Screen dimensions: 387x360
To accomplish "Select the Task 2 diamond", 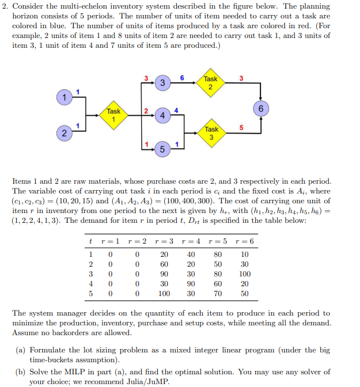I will click(210, 83).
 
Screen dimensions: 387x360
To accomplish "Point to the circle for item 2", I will click(65, 134).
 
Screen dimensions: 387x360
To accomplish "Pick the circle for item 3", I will click(163, 83).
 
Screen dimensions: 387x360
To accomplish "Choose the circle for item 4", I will click(163, 116).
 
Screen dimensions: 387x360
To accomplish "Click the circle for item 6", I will click(261, 108).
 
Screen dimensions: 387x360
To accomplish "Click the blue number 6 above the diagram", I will click(182, 77).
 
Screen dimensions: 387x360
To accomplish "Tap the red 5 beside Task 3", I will click(241, 127).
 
